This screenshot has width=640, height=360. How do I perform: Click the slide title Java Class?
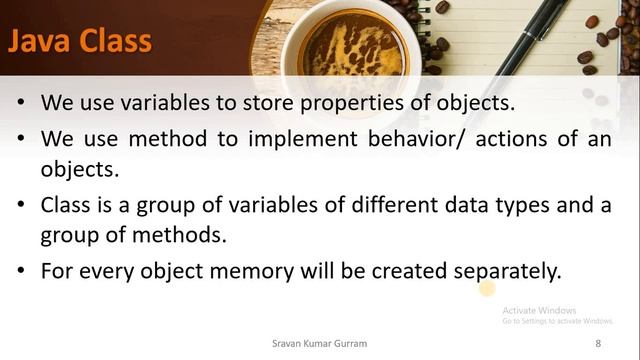click(x=80, y=41)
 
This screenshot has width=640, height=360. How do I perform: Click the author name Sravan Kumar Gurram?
click(x=319, y=343)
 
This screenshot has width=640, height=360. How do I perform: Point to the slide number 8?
click(x=598, y=343)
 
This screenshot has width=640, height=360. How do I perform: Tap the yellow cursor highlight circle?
click(x=487, y=290)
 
